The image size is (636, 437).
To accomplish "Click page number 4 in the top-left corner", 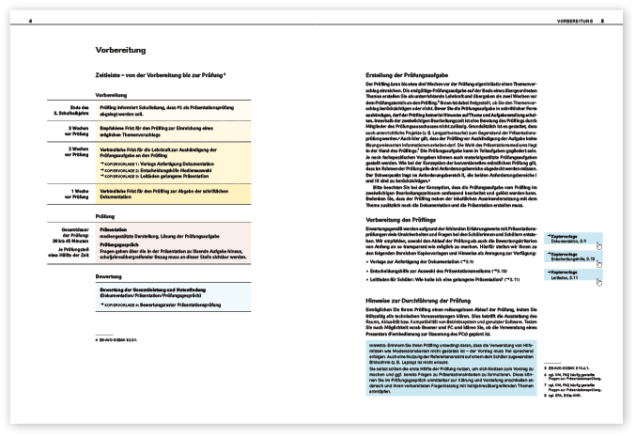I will pyautogui.click(x=29, y=19).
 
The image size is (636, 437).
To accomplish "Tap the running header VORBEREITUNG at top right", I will pyautogui.click(x=574, y=19).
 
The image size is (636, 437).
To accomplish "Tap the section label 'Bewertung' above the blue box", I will pyautogui.click(x=108, y=277).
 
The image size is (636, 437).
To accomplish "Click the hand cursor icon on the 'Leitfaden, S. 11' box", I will pyautogui.click(x=597, y=281).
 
